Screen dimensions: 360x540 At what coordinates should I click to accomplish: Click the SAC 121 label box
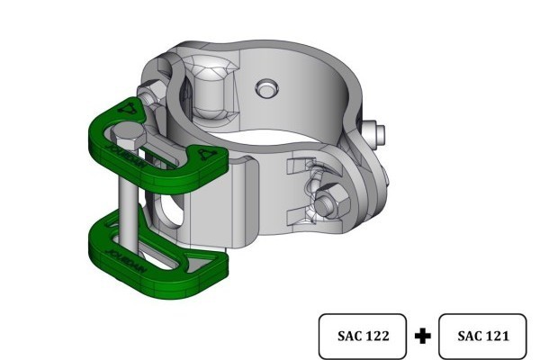click(483, 337)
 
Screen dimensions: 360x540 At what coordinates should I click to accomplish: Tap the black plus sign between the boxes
click(424, 337)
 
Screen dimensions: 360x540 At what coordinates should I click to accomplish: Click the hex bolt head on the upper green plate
click(128, 138)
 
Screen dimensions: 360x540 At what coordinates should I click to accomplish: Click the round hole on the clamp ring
click(265, 88)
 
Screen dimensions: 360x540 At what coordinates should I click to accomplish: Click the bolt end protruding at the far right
click(382, 133)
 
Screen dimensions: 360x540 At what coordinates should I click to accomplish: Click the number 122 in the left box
click(378, 337)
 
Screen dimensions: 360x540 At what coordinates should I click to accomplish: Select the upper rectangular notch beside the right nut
click(300, 167)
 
